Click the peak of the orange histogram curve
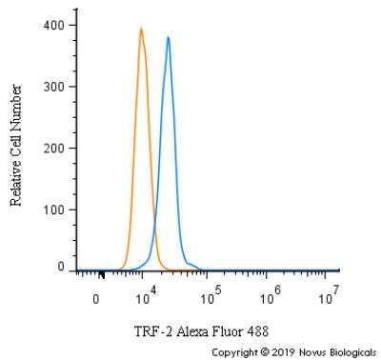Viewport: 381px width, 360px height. [141, 29]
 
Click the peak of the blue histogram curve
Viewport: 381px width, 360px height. [169, 38]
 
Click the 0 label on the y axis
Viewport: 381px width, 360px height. [61, 267]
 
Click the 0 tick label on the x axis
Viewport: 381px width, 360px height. [96, 299]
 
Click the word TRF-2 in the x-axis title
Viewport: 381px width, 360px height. [154, 331]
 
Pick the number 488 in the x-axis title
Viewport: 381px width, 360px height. [258, 331]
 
